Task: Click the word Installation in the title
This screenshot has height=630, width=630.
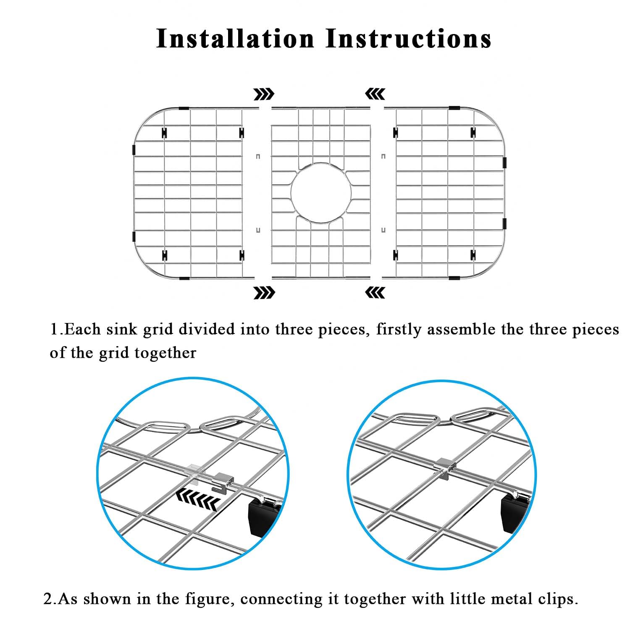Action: pyautogui.click(x=235, y=39)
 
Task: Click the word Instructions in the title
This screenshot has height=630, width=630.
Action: pyautogui.click(x=409, y=39)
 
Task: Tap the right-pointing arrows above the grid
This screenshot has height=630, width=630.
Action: pyautogui.click(x=264, y=94)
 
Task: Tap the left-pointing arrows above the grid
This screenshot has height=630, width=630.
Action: pyautogui.click(x=375, y=94)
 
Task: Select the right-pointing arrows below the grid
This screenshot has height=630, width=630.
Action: pyautogui.click(x=264, y=292)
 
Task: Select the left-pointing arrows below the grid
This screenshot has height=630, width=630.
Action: pyautogui.click(x=375, y=292)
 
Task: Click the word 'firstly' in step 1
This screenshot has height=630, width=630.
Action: pyautogui.click(x=399, y=330)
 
